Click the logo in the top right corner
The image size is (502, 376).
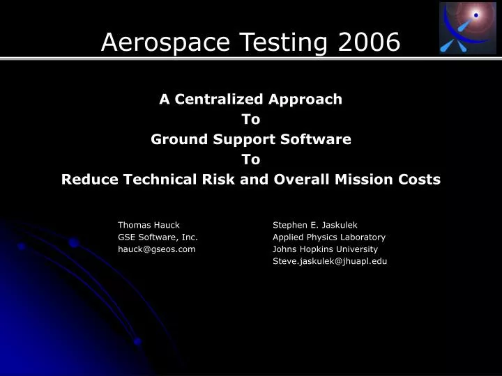point(467,28)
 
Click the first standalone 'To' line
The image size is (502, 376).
point(251,119)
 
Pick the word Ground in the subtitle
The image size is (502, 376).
point(175,139)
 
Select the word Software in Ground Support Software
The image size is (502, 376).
point(319,139)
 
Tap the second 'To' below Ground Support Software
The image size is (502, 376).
point(251,159)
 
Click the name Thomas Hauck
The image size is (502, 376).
point(149,225)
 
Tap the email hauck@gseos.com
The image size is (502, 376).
point(156,249)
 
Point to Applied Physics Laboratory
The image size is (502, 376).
point(328,237)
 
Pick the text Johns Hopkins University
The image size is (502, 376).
point(325,249)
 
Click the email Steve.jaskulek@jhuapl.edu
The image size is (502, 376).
point(329,261)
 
